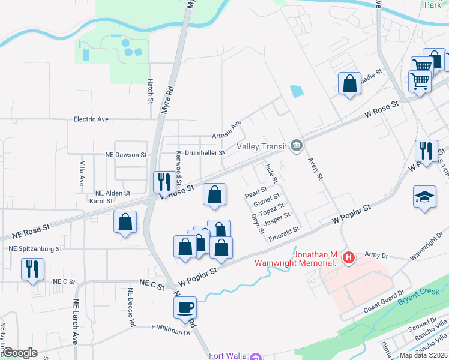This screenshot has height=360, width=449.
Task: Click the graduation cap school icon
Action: pos(424,197)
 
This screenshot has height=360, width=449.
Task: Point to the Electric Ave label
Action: pos(91,119)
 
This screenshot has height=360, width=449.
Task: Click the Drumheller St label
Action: pos(205,153)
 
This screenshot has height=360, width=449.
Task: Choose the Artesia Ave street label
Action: pos(227,128)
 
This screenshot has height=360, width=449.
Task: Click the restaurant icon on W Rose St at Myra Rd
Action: pos(162,181)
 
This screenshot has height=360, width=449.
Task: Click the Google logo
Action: pos(19,353)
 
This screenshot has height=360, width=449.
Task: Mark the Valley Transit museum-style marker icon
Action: pos(297,146)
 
